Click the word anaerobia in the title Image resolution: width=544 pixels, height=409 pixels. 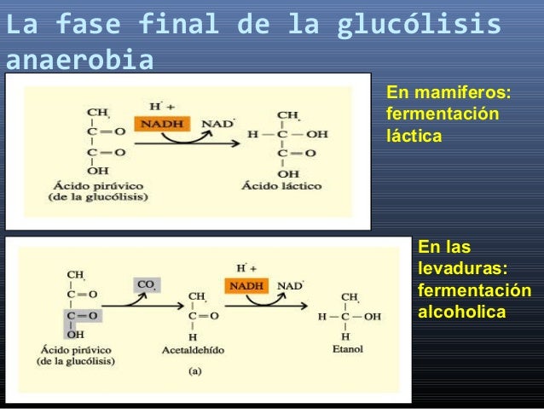coord(81,61)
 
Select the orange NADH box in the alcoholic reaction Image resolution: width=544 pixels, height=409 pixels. coord(246,285)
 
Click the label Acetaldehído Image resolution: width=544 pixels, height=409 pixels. coord(193,349)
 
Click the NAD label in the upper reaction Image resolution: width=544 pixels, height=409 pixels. coord(217,124)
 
